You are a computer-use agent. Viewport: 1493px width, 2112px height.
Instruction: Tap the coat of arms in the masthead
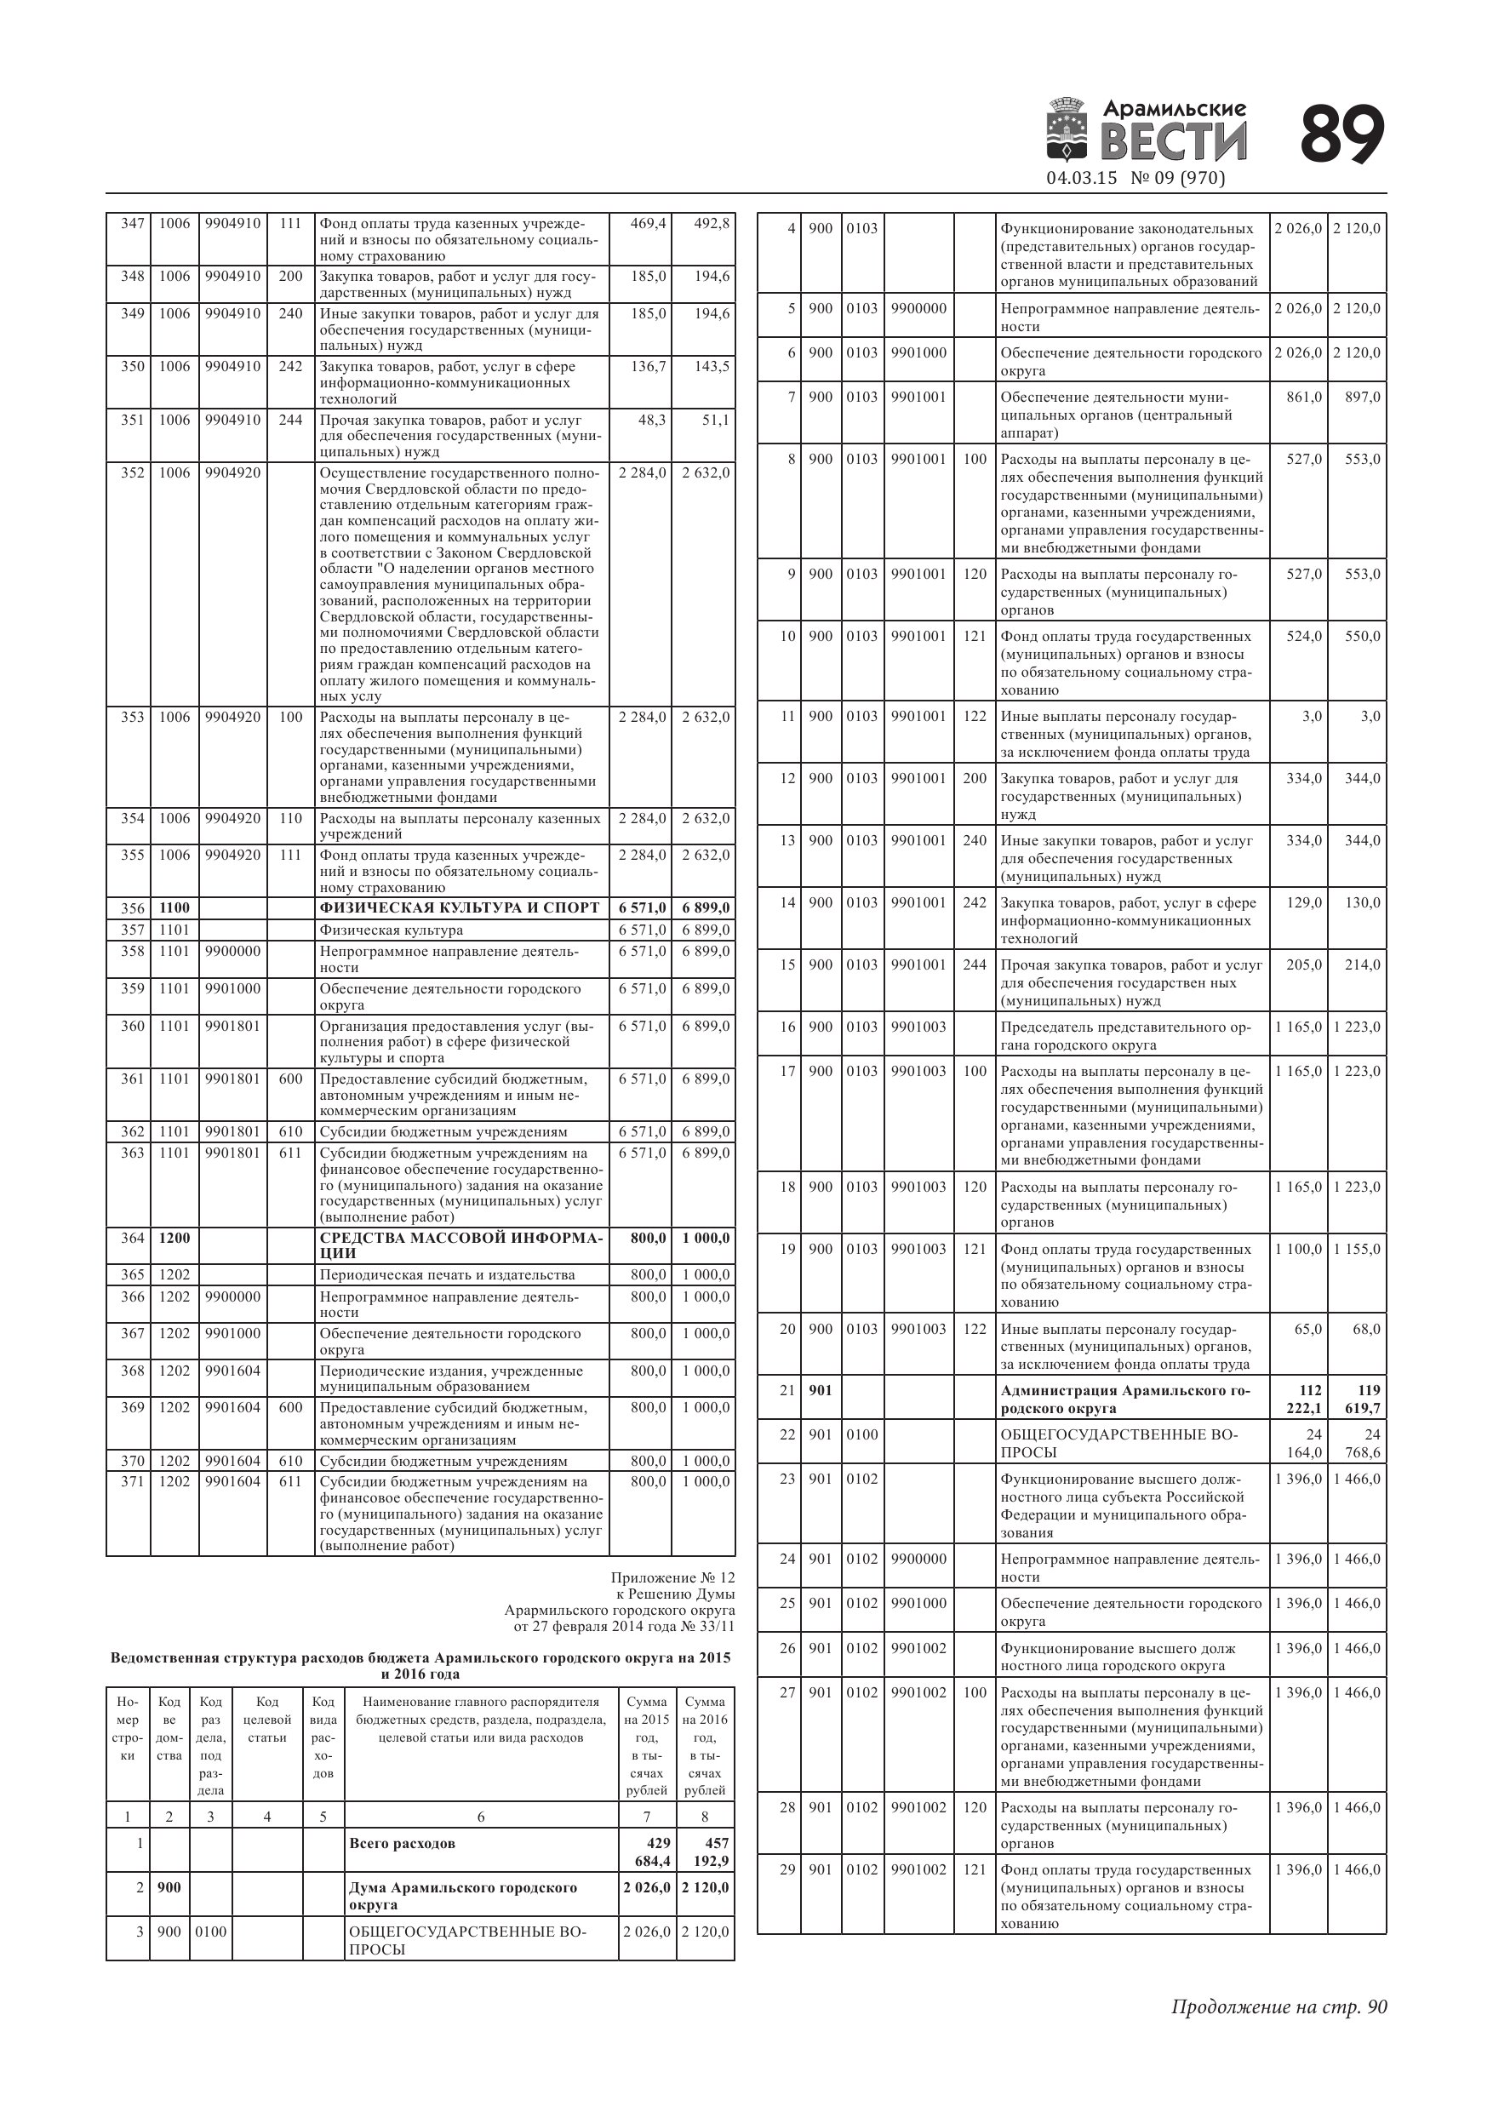[x=1069, y=129]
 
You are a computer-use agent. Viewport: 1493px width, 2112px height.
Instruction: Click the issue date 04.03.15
[x=1081, y=179]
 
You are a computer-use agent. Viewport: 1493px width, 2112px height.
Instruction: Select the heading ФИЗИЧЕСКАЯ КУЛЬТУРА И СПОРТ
[x=459, y=908]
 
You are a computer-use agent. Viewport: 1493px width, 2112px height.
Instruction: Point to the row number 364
[x=133, y=1238]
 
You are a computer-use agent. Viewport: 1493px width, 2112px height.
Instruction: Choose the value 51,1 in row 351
[x=715, y=421]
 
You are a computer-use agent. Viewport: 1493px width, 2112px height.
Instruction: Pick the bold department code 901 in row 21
[x=820, y=1390]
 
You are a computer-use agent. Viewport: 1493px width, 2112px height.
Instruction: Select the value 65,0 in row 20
[x=1307, y=1329]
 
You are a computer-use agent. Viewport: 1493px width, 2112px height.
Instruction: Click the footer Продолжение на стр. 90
[x=1278, y=2006]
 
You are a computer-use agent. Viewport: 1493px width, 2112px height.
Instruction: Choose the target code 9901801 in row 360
[x=232, y=1027]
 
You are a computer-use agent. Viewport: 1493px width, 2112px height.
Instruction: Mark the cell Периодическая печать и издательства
[x=447, y=1275]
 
